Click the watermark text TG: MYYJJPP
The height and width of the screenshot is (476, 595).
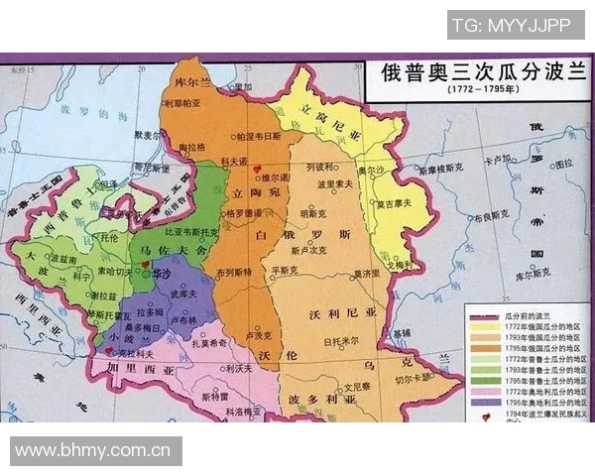tap(515, 24)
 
